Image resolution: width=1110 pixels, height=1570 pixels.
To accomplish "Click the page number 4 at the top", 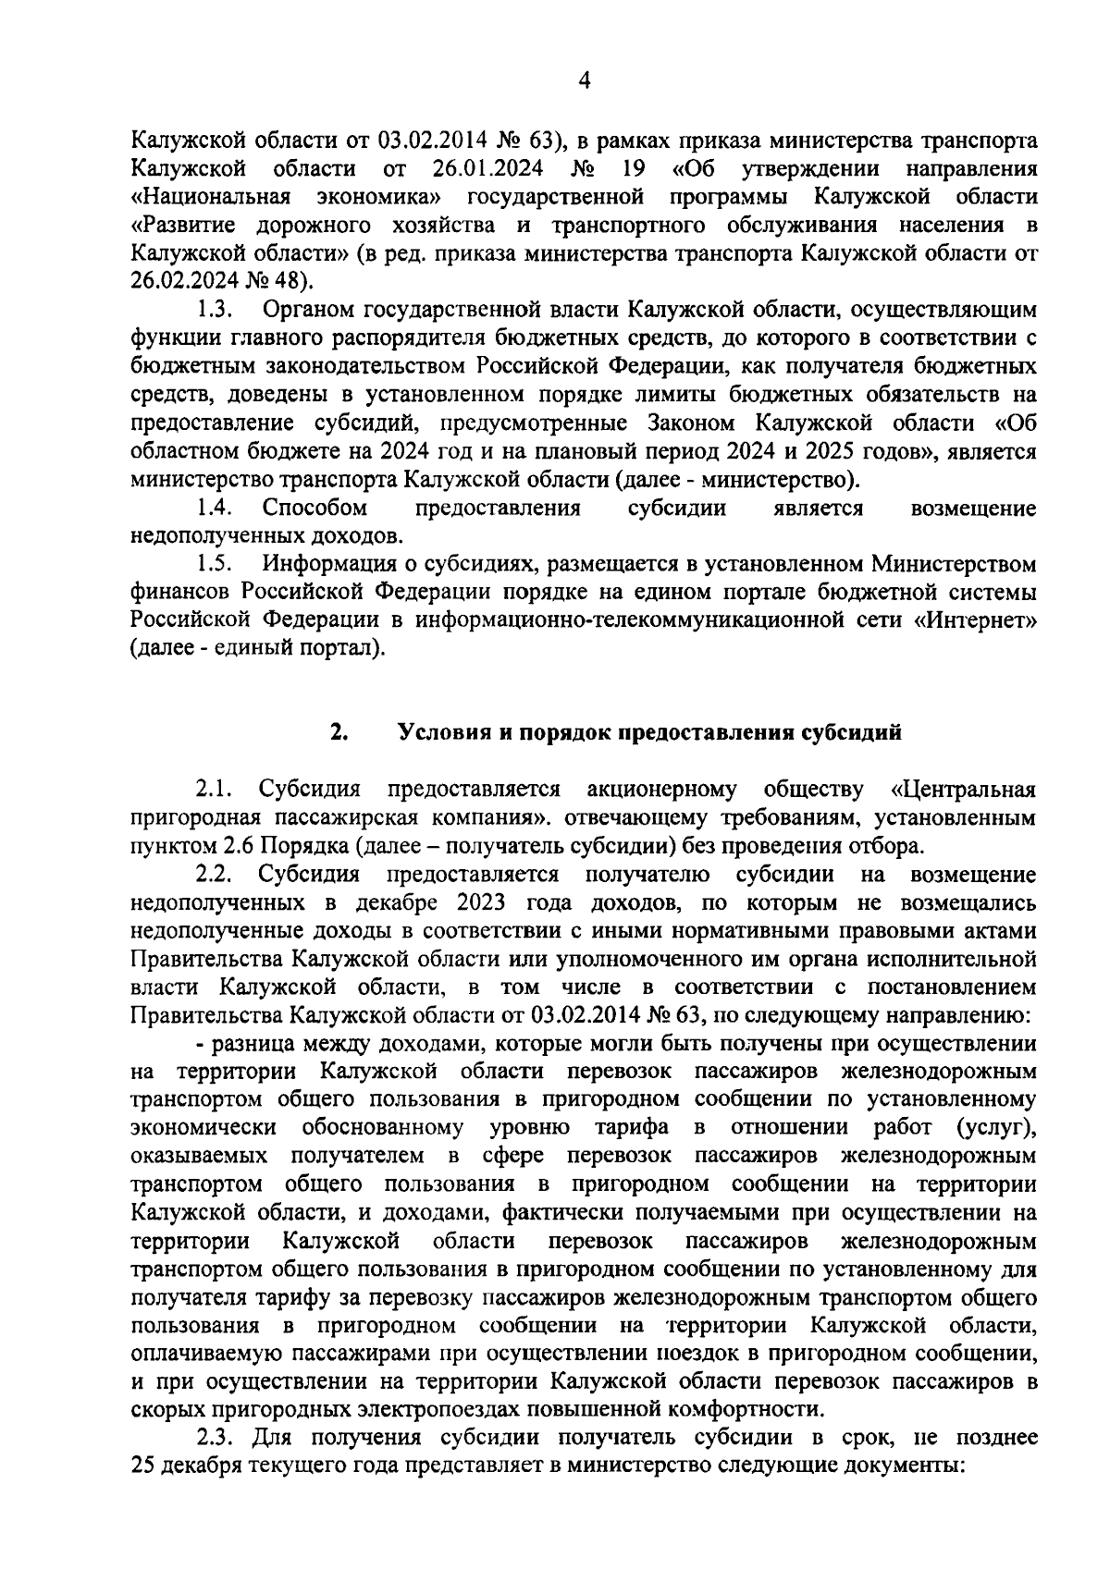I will pyautogui.click(x=584, y=81).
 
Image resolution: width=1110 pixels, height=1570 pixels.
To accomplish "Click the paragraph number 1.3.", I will pyautogui.click(x=214, y=309).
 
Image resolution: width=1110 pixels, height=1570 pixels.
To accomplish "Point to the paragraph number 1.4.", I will pyautogui.click(x=214, y=508).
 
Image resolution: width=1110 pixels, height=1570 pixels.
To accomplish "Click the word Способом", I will pyautogui.click(x=314, y=508).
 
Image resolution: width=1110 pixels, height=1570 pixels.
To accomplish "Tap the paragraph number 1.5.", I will pyautogui.click(x=214, y=563).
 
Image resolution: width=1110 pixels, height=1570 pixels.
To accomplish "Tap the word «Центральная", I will pyautogui.click(x=962, y=790).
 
